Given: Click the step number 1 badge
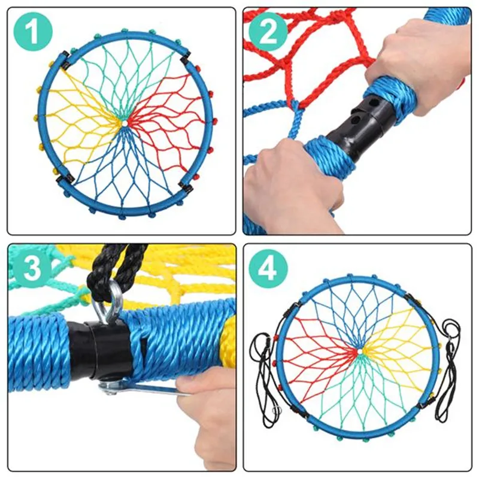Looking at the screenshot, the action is coord(33,32).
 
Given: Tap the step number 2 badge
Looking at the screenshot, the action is coord(268,32).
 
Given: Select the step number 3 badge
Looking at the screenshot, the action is coord(33,268).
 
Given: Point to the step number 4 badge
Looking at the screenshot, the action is coord(268,268).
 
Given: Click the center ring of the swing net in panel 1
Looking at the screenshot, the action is coord(125,123).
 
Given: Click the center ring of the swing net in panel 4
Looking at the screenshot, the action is coord(360,351).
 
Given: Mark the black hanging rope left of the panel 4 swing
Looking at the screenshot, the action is coord(265,380).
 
